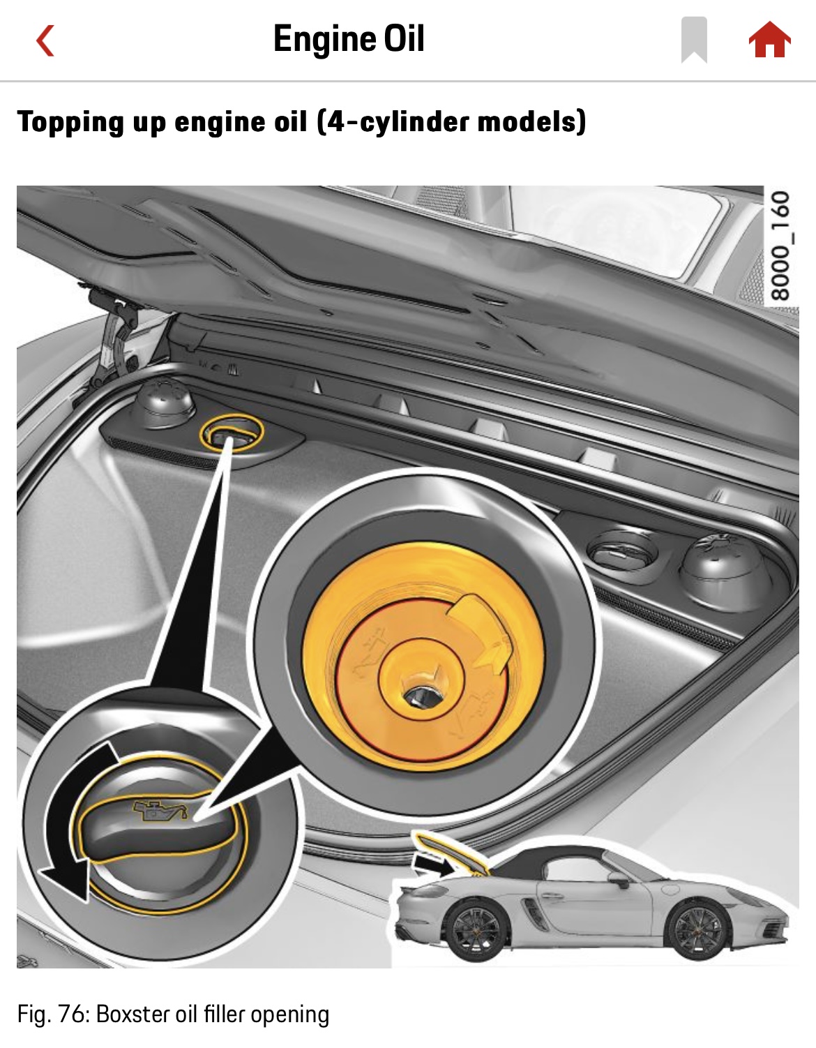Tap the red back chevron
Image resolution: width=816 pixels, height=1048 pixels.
click(45, 40)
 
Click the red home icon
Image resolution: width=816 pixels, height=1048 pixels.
click(769, 40)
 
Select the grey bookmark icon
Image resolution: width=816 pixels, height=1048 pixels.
click(694, 40)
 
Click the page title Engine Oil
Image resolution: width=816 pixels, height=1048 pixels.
click(349, 38)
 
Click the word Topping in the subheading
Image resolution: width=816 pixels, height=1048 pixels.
click(70, 122)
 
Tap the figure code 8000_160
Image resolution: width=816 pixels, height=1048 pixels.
click(780, 246)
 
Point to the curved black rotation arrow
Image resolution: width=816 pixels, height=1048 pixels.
click(73, 821)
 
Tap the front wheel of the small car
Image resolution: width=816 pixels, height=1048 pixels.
click(698, 930)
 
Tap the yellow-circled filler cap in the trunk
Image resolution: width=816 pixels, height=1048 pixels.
click(232, 432)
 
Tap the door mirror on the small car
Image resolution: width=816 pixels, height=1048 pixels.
click(619, 878)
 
